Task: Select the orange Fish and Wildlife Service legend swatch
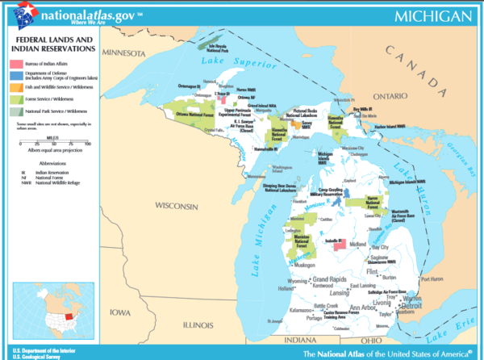click(x=16, y=86)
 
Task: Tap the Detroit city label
click(x=412, y=307)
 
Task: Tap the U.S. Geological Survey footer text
click(x=37, y=355)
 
